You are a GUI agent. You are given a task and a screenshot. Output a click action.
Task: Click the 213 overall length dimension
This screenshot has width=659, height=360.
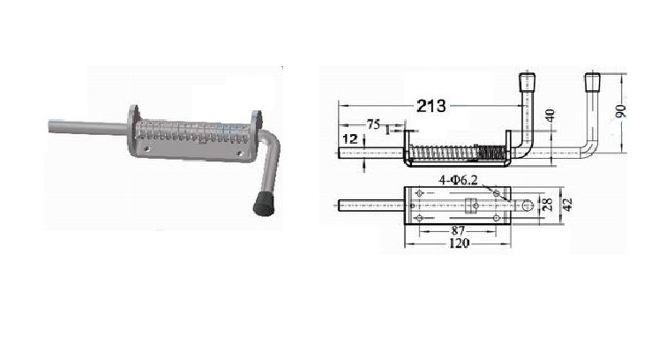[x=431, y=106]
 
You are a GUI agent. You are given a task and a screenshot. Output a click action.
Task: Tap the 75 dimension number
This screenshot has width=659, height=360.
[x=373, y=124]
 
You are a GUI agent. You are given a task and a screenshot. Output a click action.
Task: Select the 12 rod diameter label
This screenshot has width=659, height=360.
[x=349, y=139]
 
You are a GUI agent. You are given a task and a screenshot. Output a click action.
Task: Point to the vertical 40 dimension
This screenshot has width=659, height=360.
[x=550, y=115]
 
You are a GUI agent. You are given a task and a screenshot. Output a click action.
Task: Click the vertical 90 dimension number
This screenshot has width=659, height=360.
[x=621, y=111]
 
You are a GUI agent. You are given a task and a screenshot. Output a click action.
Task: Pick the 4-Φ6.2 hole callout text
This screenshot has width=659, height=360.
[x=459, y=180]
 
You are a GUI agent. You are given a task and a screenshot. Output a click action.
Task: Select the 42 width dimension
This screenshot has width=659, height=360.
[x=567, y=206]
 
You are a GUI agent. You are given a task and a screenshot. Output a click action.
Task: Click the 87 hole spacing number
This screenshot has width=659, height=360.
[x=458, y=230]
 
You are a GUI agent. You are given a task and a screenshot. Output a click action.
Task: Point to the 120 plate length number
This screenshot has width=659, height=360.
[x=459, y=243]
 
